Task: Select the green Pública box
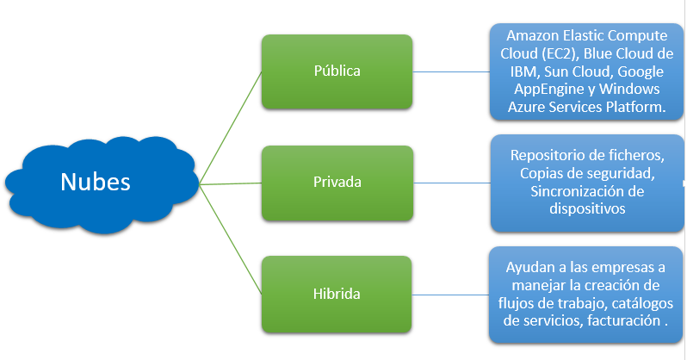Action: (337, 71)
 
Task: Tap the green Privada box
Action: (337, 183)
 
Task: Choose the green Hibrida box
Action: (337, 294)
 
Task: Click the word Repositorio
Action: (552, 156)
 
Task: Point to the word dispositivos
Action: (588, 208)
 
